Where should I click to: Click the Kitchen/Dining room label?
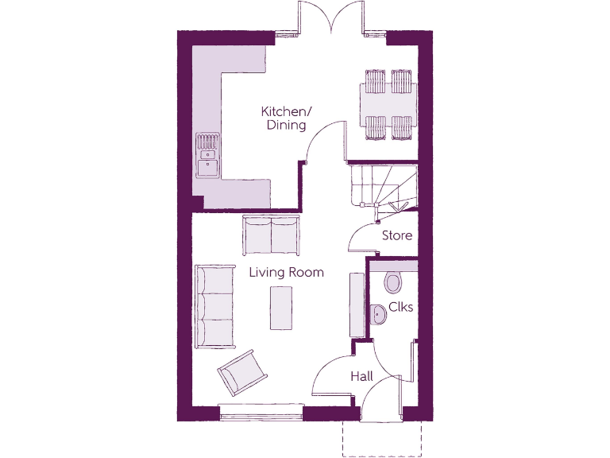coord(286,118)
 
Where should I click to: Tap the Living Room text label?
coord(286,273)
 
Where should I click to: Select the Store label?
coord(397,235)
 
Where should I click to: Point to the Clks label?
coord(400,307)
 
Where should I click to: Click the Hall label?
coord(362,376)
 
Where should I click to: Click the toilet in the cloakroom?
coord(392,281)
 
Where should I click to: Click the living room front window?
coord(261,411)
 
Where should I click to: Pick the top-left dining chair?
coord(375,81)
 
